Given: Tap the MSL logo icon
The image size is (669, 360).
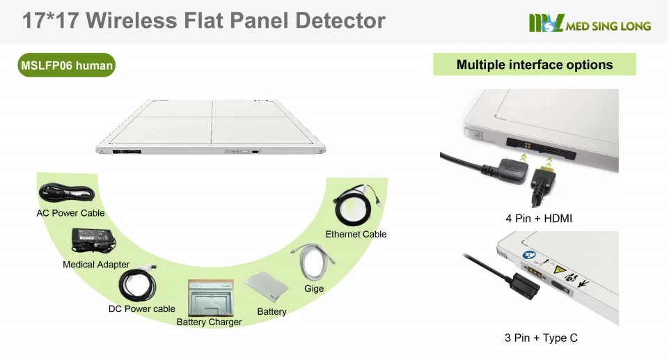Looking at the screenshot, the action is click(x=546, y=24).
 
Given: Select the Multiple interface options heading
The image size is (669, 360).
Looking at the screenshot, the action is click(x=534, y=65).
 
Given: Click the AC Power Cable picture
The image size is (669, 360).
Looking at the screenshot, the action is click(x=67, y=193).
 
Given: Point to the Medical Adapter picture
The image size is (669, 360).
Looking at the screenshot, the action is click(x=94, y=240).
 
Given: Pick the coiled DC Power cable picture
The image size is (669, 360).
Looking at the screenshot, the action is click(x=138, y=285).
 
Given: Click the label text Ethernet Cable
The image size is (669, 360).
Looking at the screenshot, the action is click(x=356, y=234).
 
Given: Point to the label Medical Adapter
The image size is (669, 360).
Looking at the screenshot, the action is click(x=96, y=265).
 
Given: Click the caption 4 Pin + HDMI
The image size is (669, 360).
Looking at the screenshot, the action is click(x=538, y=219).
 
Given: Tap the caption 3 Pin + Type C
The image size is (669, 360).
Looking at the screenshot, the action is click(x=541, y=338).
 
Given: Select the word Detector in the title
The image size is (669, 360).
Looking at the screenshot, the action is click(x=340, y=20).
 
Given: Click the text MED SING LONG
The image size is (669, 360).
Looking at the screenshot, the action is click(x=608, y=26).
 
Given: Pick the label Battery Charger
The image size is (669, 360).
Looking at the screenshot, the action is click(x=209, y=322).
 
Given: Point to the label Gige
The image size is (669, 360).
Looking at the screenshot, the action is click(x=314, y=288).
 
